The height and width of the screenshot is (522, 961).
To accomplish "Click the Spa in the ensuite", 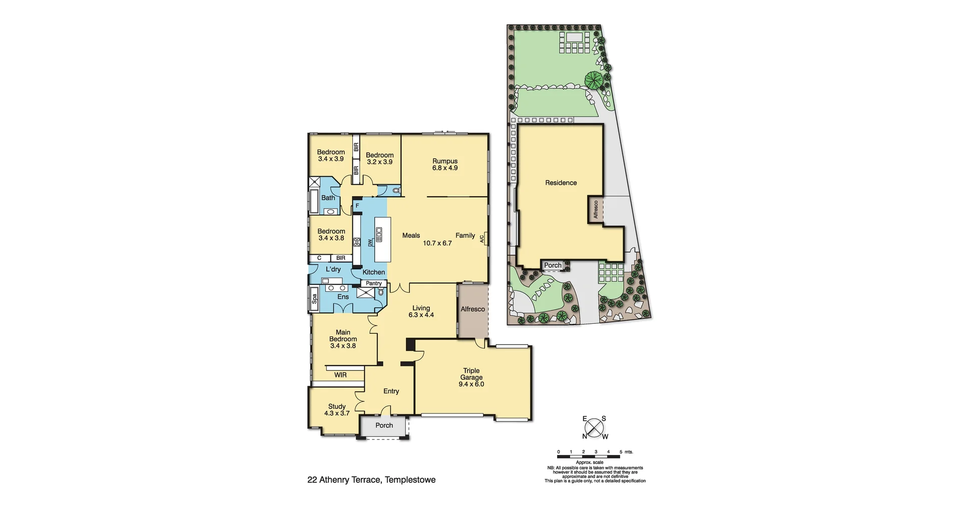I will point(314,299).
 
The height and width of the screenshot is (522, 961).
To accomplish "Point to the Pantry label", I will point(373,283).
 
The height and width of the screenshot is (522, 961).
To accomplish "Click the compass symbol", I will point(594,428).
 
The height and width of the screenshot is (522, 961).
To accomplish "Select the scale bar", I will point(590,456).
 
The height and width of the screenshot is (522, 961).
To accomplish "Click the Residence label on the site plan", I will point(561,183).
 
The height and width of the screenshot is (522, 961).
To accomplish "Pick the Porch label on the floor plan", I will point(384,425).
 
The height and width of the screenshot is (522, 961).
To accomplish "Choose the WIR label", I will point(340,375).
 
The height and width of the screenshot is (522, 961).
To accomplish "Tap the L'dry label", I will point(333,269).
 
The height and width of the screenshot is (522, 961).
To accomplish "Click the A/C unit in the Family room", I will point(483,239).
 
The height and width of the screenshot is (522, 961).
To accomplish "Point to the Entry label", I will point(391,391).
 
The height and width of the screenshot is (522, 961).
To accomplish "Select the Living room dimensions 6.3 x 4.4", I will point(421,315).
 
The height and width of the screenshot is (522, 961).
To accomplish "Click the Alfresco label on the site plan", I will point(596,209).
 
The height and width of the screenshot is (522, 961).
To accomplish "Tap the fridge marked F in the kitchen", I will point(357,206).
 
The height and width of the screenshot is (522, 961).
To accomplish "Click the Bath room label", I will point(328,198).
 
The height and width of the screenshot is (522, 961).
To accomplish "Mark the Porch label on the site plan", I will point(553,265).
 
